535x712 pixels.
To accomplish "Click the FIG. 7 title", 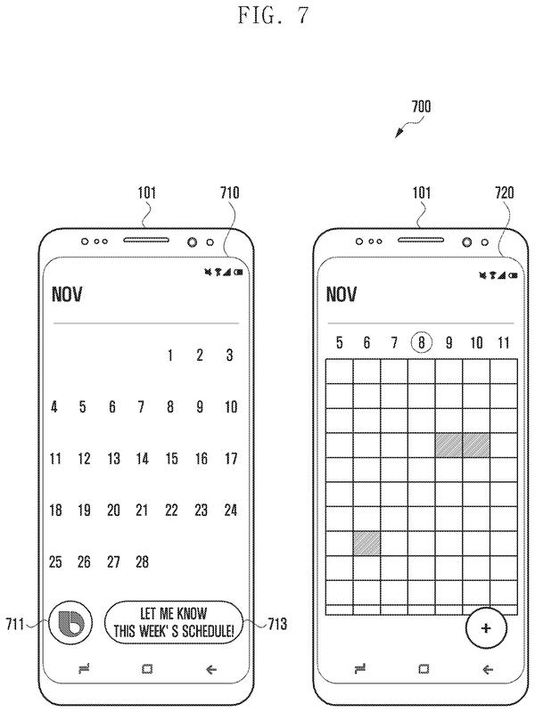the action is [x=273, y=15].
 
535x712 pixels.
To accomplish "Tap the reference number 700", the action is [x=421, y=107].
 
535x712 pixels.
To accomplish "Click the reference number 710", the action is [x=229, y=192].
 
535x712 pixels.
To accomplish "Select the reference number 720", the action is [x=505, y=192].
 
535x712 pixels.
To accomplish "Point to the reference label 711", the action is [x=14, y=624].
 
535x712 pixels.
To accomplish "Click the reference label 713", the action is [x=277, y=624].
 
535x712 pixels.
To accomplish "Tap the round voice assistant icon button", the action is [x=70, y=623].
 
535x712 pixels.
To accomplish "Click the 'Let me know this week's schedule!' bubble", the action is [x=174, y=623].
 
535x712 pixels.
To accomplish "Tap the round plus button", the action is [x=486, y=628].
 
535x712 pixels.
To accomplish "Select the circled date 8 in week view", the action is [x=422, y=342].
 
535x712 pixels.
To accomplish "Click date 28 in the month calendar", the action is [x=142, y=561].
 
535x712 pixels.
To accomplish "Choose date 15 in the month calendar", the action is [x=171, y=459].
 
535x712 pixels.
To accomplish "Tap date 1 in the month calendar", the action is [x=170, y=355].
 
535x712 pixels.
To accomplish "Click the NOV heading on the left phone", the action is [x=67, y=294].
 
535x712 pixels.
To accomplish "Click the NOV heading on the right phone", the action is [x=342, y=294].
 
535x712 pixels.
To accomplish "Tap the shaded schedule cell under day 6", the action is [x=366, y=543].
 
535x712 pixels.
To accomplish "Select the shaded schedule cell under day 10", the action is [x=476, y=445].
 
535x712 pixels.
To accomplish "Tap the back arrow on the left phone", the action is [x=211, y=669].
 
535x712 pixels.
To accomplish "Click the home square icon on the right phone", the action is [x=424, y=669].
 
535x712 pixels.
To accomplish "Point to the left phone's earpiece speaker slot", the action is [x=146, y=240].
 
